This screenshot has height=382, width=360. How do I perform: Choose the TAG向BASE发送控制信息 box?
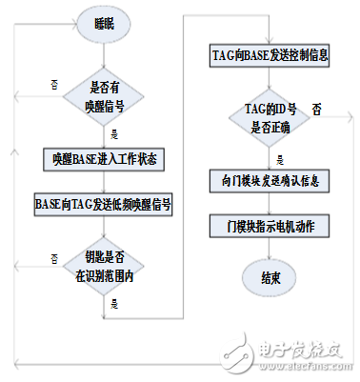point(269,56)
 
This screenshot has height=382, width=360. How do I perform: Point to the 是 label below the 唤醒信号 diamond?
point(114,133)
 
